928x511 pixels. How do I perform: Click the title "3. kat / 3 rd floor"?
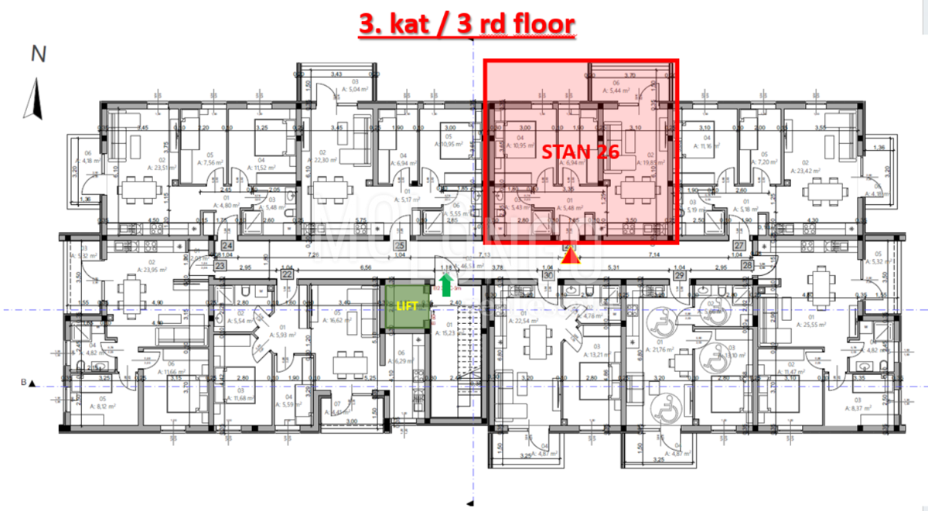467,24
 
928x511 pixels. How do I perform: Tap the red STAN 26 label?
580,152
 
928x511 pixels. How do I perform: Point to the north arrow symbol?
33,99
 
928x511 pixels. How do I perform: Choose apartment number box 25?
400,246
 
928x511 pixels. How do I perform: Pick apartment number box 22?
287,274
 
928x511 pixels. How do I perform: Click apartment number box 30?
548,274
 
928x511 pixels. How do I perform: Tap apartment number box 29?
680,274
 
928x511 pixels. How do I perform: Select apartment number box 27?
739,246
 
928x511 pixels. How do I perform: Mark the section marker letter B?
24,383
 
